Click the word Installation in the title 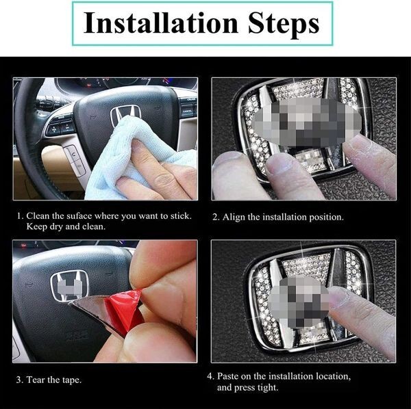click(x=161, y=23)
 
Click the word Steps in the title click(x=284, y=25)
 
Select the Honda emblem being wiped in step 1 click(x=125, y=114)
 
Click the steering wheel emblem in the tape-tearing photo click(x=69, y=286)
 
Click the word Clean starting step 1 click(x=38, y=216)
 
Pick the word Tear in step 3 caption click(x=35, y=380)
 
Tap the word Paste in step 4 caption click(x=228, y=376)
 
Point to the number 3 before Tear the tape click(x=19, y=380)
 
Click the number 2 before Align click(x=215, y=217)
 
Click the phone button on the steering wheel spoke click(x=74, y=155)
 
